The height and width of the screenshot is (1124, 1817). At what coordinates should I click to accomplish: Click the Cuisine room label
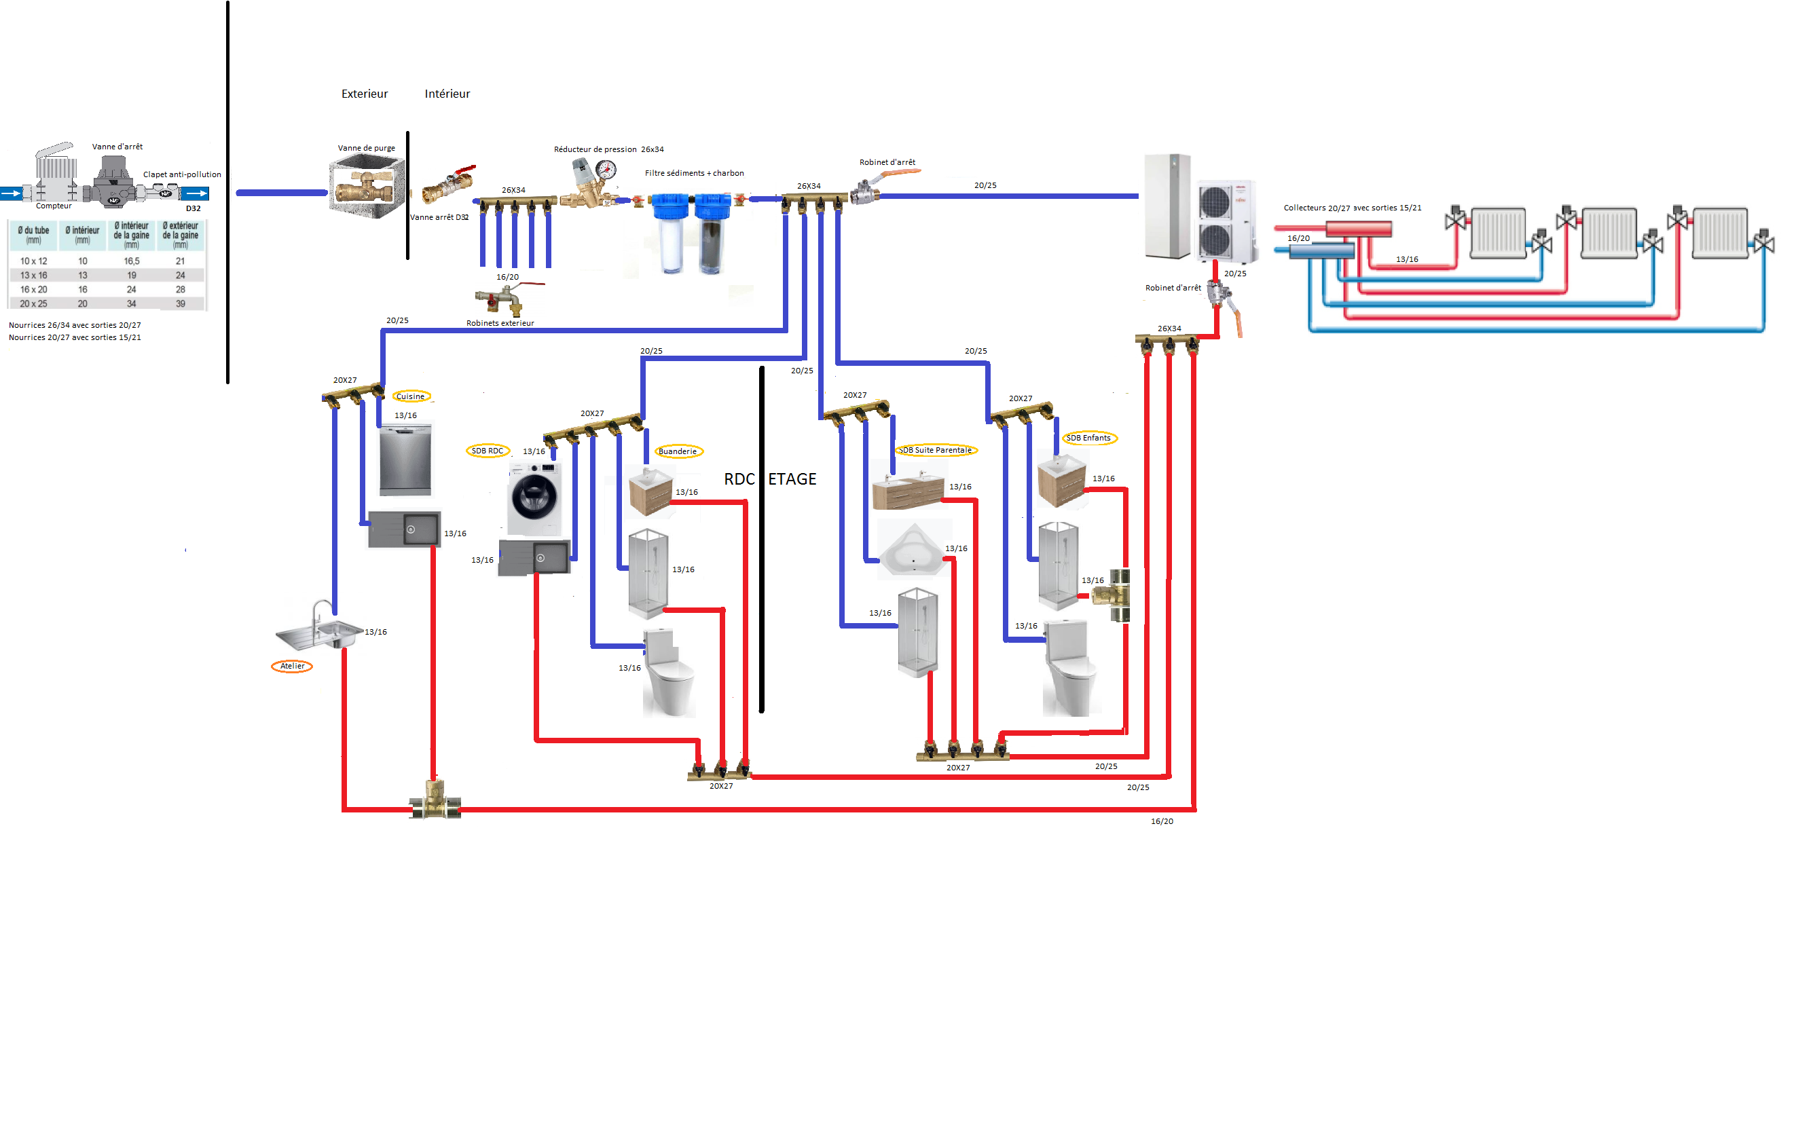point(410,396)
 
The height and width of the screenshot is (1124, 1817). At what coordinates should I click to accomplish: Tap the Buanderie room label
point(677,451)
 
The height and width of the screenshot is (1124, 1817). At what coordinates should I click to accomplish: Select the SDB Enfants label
point(1088,438)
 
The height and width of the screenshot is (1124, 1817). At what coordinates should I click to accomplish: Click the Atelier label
point(292,666)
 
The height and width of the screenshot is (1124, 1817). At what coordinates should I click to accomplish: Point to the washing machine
point(534,498)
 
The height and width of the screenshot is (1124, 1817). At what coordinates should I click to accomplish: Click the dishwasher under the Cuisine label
point(405,460)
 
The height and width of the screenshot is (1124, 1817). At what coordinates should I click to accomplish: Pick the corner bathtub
point(913,550)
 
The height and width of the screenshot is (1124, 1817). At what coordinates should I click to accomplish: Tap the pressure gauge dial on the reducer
point(606,170)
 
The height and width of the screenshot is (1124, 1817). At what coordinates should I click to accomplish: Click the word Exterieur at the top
point(365,94)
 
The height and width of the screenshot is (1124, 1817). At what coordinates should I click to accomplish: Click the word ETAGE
point(792,479)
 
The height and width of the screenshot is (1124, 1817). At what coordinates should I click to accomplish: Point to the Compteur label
point(54,206)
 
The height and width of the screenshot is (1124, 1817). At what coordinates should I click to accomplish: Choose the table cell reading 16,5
point(132,261)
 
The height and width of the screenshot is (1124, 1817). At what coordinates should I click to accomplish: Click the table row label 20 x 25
point(33,303)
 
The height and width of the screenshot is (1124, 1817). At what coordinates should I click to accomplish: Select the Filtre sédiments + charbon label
point(694,173)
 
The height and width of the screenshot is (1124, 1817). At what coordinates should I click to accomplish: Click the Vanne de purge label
point(367,148)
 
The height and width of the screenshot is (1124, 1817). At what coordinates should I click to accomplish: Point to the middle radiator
point(1609,233)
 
